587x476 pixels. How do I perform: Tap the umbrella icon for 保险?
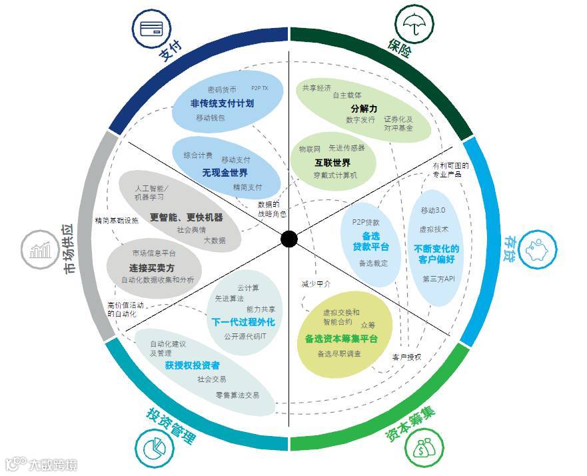click(x=415, y=25)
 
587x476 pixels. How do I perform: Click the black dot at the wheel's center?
click(x=289, y=238)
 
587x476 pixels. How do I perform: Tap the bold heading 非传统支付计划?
click(x=222, y=104)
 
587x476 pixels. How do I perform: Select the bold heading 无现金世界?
click(x=225, y=173)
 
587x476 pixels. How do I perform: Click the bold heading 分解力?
click(x=364, y=108)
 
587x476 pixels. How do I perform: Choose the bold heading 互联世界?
click(x=332, y=162)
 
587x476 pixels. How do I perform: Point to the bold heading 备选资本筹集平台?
click(x=341, y=339)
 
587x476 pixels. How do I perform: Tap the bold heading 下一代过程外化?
click(x=243, y=322)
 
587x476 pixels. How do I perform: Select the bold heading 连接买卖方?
click(x=151, y=267)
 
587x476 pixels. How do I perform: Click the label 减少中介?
click(x=316, y=283)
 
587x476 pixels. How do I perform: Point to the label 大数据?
click(x=214, y=240)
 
